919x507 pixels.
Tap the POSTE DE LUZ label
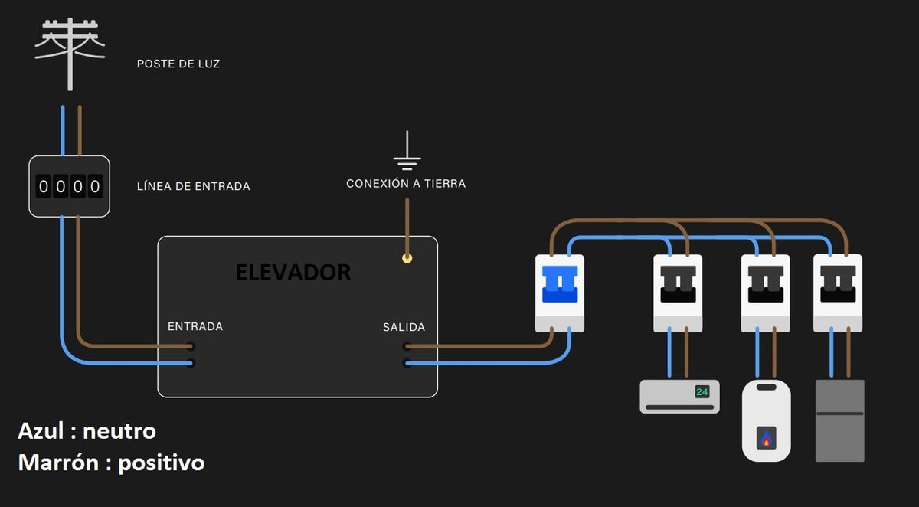(x=178, y=64)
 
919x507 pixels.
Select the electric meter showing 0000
(x=70, y=186)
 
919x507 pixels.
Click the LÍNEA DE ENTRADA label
(x=193, y=186)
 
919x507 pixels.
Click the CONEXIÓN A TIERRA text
(x=406, y=184)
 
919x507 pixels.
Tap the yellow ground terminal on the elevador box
(x=407, y=259)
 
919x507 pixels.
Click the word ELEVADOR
(x=293, y=272)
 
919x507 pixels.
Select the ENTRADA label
(x=195, y=326)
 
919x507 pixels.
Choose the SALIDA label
(x=404, y=327)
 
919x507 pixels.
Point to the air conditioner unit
(x=679, y=397)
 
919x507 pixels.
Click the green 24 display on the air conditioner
(x=702, y=392)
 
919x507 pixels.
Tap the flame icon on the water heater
(x=767, y=440)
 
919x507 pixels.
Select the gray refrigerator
(x=839, y=420)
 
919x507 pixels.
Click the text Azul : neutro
(x=87, y=431)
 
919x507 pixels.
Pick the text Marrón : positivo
(x=111, y=463)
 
